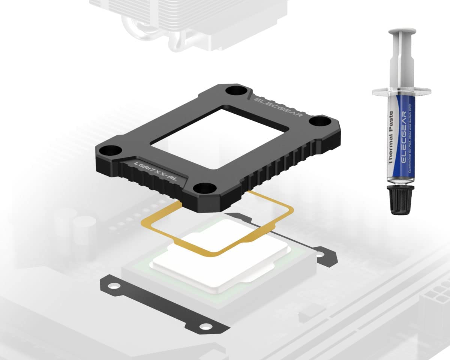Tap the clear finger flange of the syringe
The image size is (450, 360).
(402, 91)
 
